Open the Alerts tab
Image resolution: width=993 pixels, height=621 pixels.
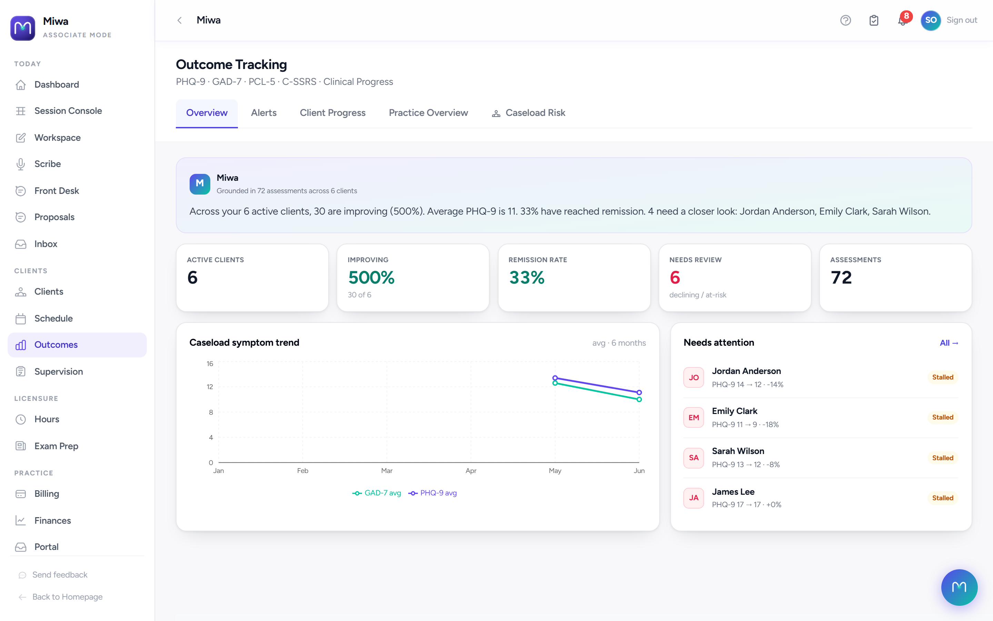pos(263,112)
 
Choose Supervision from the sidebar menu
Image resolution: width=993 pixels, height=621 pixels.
pos(59,372)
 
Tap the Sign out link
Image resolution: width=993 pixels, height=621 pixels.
pos(961,20)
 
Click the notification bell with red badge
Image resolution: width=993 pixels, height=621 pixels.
pos(902,20)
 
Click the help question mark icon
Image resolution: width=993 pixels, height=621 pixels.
pos(845,20)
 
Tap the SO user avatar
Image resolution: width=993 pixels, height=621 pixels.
pos(931,20)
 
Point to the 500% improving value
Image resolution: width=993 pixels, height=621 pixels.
pos(371,278)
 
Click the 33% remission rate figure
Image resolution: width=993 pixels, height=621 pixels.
pos(526,278)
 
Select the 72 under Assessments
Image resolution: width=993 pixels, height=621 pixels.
pos(841,278)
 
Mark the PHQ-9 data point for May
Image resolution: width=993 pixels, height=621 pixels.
pos(555,378)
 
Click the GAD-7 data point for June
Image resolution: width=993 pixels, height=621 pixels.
pos(639,399)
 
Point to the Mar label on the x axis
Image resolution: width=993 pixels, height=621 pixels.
pos(387,471)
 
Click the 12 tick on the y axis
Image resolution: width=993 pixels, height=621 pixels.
pos(210,387)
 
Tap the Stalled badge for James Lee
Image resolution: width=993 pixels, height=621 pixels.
pos(943,498)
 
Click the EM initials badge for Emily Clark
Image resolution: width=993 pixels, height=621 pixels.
pos(693,417)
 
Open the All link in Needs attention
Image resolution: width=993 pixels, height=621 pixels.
pos(949,343)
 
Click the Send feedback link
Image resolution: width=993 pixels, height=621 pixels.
pos(60,574)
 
